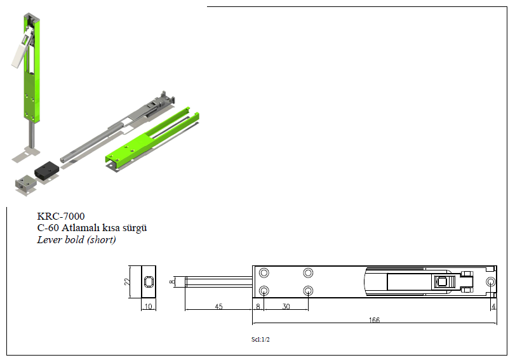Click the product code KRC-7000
(61, 216)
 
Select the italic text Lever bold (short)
(77, 239)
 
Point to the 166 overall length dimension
(374, 319)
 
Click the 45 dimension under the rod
(218, 306)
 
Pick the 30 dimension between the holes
(286, 306)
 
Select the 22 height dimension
(127, 281)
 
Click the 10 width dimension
(149, 306)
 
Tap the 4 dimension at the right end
(493, 306)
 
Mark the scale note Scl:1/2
(260, 339)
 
